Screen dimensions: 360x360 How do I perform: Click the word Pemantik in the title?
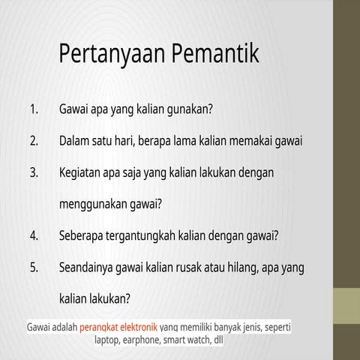click(x=214, y=54)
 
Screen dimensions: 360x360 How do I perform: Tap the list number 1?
click(x=34, y=109)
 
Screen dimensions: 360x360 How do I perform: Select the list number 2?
click(x=34, y=140)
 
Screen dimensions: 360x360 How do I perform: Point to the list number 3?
click(x=34, y=172)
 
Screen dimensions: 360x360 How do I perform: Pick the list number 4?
click(x=34, y=235)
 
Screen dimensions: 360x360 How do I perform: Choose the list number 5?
click(x=34, y=266)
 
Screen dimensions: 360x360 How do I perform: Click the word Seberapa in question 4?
click(x=82, y=235)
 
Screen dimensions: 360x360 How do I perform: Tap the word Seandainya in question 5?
click(x=89, y=266)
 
